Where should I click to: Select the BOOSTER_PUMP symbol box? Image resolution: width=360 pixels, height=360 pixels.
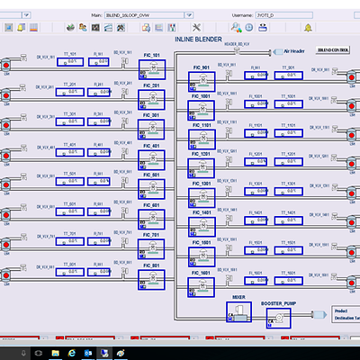pyautogui.click(x=278, y=314)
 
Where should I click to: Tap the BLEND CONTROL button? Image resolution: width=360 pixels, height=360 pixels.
pyautogui.click(x=333, y=53)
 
